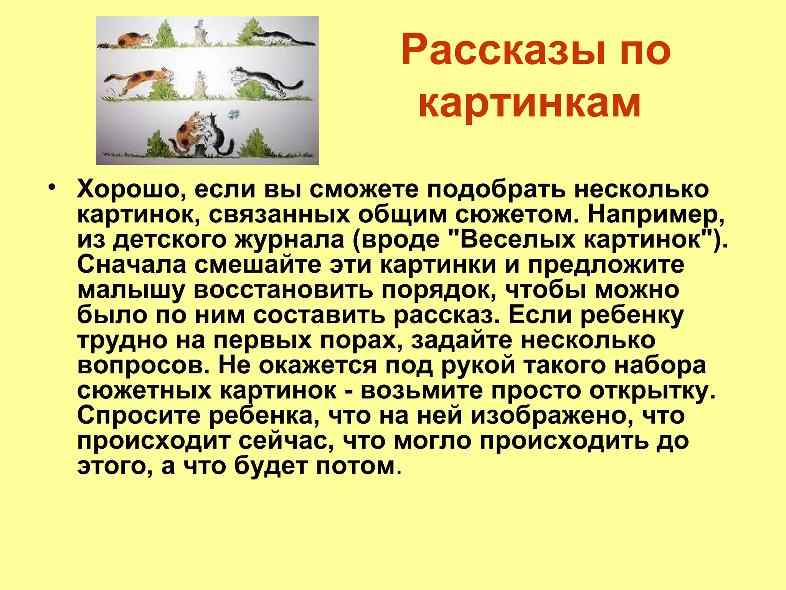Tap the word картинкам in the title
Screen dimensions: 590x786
tap(530, 103)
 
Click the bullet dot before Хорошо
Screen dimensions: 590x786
tap(53, 189)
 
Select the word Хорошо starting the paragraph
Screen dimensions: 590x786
tap(130, 190)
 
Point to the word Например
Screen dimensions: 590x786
tap(656, 214)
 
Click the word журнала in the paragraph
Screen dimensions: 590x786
tap(289, 240)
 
